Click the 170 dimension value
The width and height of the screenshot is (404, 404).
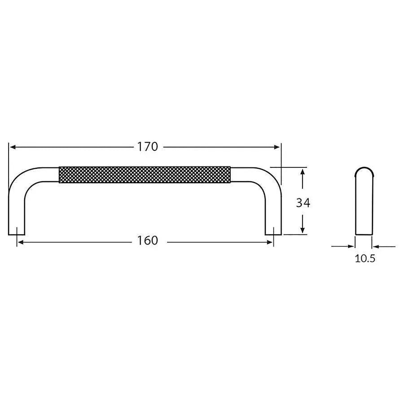tap(148, 147)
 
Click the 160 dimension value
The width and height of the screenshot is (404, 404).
tap(148, 241)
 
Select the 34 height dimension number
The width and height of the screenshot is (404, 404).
tap(303, 203)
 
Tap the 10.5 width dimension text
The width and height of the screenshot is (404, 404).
tap(364, 259)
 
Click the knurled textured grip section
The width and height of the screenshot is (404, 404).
tap(145, 175)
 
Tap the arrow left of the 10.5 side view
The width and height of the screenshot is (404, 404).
tap(351, 246)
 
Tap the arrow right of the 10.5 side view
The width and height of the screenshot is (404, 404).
tap(376, 246)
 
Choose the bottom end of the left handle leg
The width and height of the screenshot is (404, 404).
tap(17, 232)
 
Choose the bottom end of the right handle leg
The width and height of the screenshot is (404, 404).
tap(273, 232)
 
